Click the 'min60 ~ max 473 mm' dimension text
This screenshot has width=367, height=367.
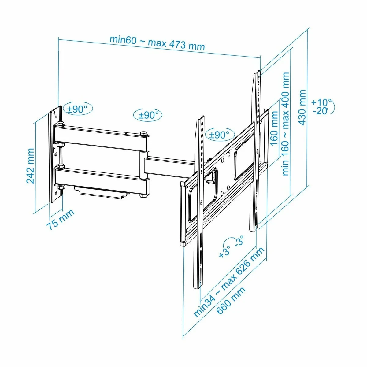pyautogui.click(x=157, y=43)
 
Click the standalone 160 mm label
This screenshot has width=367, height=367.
pyautogui.click(x=274, y=128)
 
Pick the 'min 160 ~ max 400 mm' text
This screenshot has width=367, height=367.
pyautogui.click(x=286, y=124)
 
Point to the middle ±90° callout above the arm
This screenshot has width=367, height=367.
pyautogui.click(x=148, y=115)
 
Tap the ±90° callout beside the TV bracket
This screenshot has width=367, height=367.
pyautogui.click(x=219, y=135)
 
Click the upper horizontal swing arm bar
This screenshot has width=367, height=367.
pyautogui.click(x=101, y=136)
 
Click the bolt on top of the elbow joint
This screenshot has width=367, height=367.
pyautogui.click(x=143, y=133)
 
